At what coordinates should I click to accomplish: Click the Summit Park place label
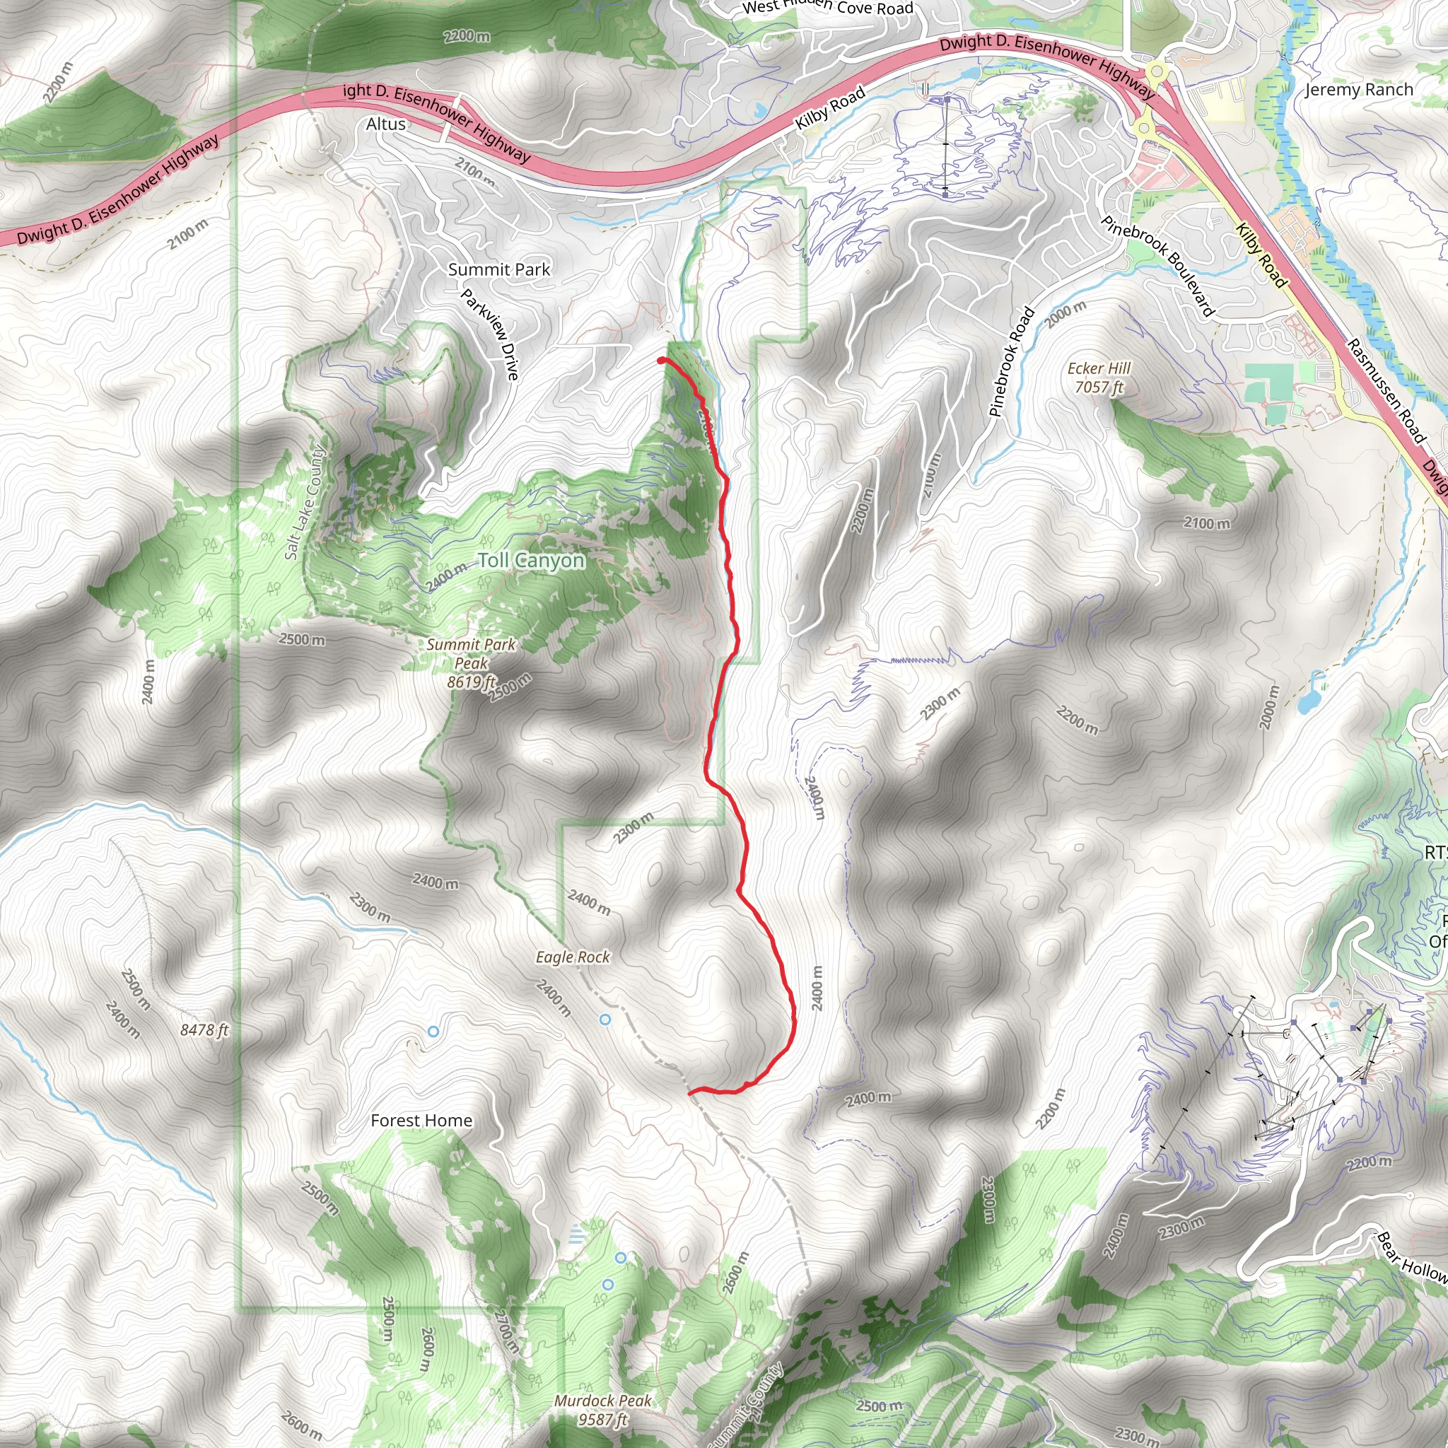[498, 270]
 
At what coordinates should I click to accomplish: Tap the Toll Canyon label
[531, 561]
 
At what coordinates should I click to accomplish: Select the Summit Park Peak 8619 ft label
[471, 662]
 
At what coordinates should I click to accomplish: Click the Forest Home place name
[421, 1121]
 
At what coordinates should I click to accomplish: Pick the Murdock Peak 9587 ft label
[602, 1409]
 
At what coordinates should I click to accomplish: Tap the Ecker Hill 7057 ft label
[1099, 378]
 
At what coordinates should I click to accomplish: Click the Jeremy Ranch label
[1359, 90]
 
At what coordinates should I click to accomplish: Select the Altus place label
[386, 124]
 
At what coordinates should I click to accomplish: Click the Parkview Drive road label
[489, 334]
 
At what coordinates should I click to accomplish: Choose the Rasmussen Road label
[1386, 390]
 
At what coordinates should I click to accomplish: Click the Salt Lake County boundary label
[304, 502]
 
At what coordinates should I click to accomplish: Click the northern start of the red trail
[661, 361]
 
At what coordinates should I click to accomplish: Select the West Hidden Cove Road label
[827, 8]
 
